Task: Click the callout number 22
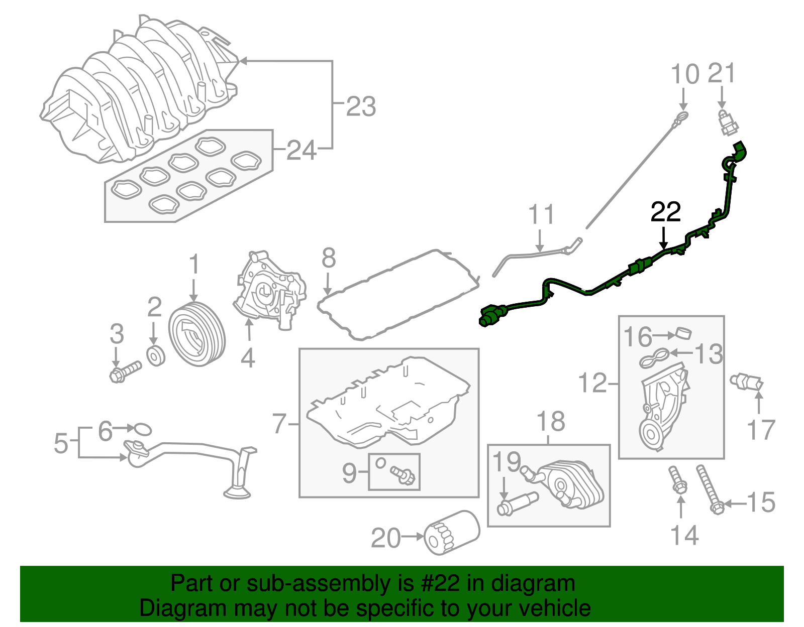[x=666, y=212]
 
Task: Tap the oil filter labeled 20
[x=452, y=532]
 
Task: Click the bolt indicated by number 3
[x=126, y=371]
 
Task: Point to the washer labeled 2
[x=156, y=356]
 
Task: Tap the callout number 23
[x=361, y=106]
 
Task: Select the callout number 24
[x=301, y=150]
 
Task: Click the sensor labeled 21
[x=728, y=123]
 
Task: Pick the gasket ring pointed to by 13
[x=654, y=358]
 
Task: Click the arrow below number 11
[x=540, y=240]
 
